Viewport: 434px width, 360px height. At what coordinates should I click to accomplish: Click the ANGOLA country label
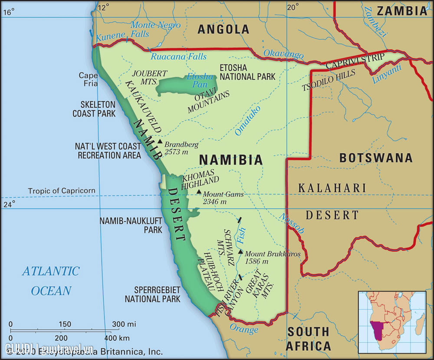[x=224, y=30]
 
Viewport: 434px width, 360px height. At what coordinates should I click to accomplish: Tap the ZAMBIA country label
[x=402, y=11]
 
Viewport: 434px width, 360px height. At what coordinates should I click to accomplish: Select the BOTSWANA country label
[x=376, y=158]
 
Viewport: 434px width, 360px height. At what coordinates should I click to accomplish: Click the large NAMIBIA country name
[x=231, y=160]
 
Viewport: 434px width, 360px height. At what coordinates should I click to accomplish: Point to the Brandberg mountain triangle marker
[x=160, y=142]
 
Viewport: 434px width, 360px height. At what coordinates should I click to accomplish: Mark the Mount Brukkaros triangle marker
[x=240, y=251]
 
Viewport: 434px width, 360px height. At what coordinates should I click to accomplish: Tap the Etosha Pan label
[x=200, y=81]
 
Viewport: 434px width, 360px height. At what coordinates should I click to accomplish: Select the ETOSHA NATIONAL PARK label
[x=247, y=72]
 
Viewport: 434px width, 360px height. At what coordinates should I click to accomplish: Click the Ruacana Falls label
[x=178, y=57]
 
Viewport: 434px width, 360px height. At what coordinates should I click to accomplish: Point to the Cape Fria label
[x=88, y=79]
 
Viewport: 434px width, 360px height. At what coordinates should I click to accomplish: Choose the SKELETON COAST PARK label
[x=94, y=109]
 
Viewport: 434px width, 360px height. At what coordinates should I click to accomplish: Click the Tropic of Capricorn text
[x=62, y=191]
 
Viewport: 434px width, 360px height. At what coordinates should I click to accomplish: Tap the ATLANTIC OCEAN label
[x=51, y=281]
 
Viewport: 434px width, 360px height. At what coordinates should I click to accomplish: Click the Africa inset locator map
[x=392, y=321]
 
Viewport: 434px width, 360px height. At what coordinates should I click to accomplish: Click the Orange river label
[x=243, y=329]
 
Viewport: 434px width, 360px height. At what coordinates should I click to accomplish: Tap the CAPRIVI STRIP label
[x=355, y=61]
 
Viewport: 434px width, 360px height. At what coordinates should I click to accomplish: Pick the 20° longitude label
[x=293, y=7]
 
